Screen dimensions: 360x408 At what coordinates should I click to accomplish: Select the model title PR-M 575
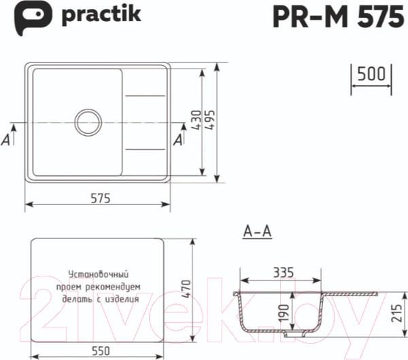point(337,17)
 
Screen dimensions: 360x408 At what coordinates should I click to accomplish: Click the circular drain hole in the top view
point(89,123)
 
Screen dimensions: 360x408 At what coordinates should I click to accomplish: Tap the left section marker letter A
point(6,139)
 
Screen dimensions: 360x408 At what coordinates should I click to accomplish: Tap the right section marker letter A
point(178,139)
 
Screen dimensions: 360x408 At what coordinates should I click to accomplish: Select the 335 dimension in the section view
point(283,272)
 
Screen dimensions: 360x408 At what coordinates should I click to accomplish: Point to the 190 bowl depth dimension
point(284,313)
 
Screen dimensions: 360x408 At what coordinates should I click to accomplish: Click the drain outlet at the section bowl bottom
point(294,334)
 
